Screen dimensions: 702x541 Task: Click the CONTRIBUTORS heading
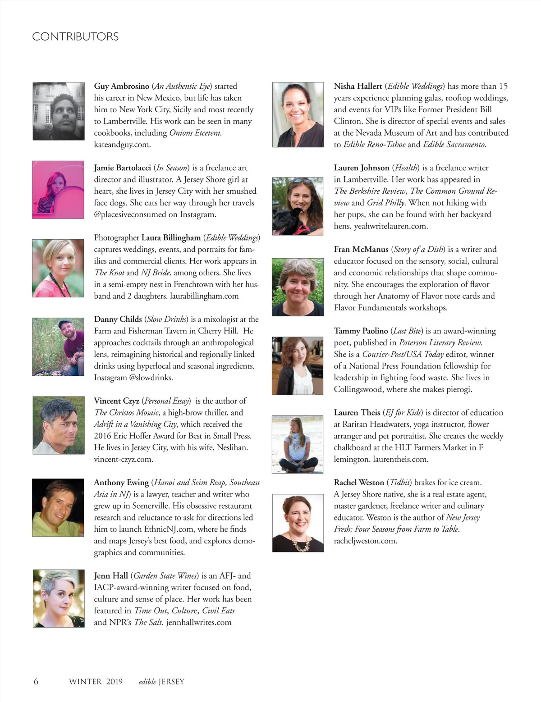75,36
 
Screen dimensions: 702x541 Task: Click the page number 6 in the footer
36,681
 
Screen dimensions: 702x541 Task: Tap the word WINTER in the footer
85,681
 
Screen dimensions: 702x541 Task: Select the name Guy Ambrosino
121,86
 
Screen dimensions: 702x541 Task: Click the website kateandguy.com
122,145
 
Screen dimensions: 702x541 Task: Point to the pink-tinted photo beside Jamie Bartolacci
58,190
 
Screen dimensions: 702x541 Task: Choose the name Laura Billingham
171,237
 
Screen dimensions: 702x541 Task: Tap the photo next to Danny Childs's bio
58,346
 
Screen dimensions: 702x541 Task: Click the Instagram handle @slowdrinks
151,378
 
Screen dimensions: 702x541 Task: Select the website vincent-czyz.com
124,459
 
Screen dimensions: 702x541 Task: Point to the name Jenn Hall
111,575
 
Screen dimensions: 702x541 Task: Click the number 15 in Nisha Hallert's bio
503,86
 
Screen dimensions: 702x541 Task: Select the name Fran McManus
361,249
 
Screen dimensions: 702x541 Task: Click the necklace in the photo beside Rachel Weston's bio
298,544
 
